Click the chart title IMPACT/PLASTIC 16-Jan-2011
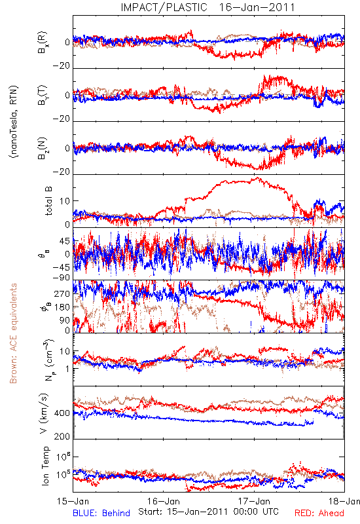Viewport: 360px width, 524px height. [207, 7]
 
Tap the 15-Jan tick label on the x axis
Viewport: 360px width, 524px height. [73, 502]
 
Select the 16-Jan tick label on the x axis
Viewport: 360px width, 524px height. [164, 502]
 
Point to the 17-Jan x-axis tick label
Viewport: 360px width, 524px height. [254, 502]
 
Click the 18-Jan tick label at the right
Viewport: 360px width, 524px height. [344, 502]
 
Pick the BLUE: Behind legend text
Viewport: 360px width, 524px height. [101, 514]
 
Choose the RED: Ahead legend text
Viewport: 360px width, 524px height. [319, 514]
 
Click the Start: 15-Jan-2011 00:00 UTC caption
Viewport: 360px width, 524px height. [208, 512]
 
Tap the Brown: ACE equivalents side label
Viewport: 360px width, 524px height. [13, 333]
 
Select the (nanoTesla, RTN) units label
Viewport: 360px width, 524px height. [14, 122]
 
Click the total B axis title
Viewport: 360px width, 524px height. [48, 201]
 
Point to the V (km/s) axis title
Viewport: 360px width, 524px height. [45, 413]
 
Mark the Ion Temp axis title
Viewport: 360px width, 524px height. [45, 466]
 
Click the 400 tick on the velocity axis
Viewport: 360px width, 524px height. [62, 413]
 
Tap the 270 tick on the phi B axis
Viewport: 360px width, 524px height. [62, 294]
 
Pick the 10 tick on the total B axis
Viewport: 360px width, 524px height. [65, 201]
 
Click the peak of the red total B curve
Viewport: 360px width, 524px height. [257, 178]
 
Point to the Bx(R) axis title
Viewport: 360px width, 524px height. [43, 42]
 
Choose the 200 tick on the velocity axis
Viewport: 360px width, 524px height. [62, 437]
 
